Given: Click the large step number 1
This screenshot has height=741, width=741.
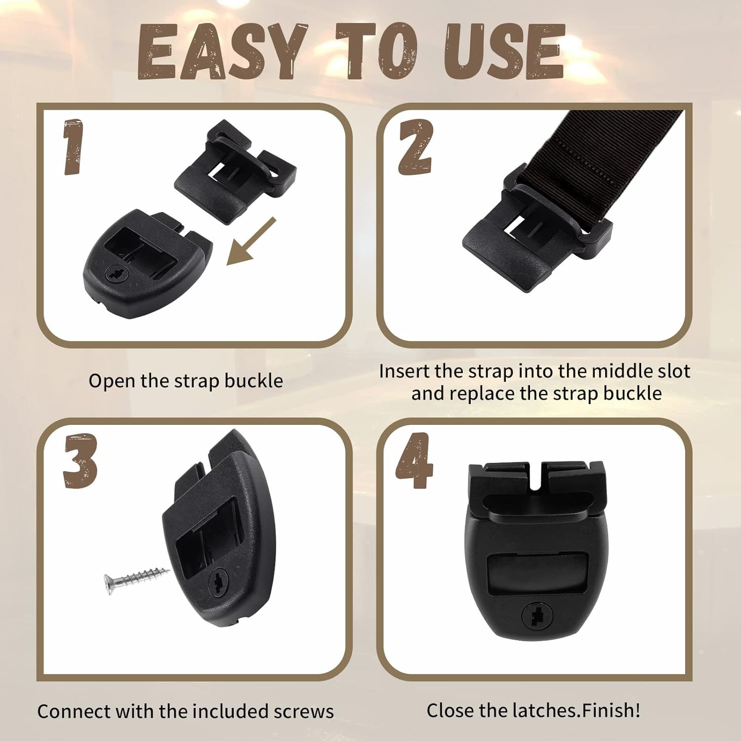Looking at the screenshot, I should (x=73, y=147).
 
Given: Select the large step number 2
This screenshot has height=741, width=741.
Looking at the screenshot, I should (x=416, y=147).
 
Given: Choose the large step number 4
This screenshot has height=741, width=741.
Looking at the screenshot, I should (x=414, y=460).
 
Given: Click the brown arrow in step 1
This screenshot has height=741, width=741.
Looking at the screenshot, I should (x=251, y=241).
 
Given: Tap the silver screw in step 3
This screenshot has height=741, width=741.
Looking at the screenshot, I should (x=136, y=577).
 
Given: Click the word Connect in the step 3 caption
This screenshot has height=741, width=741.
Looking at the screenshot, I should (x=74, y=711).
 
